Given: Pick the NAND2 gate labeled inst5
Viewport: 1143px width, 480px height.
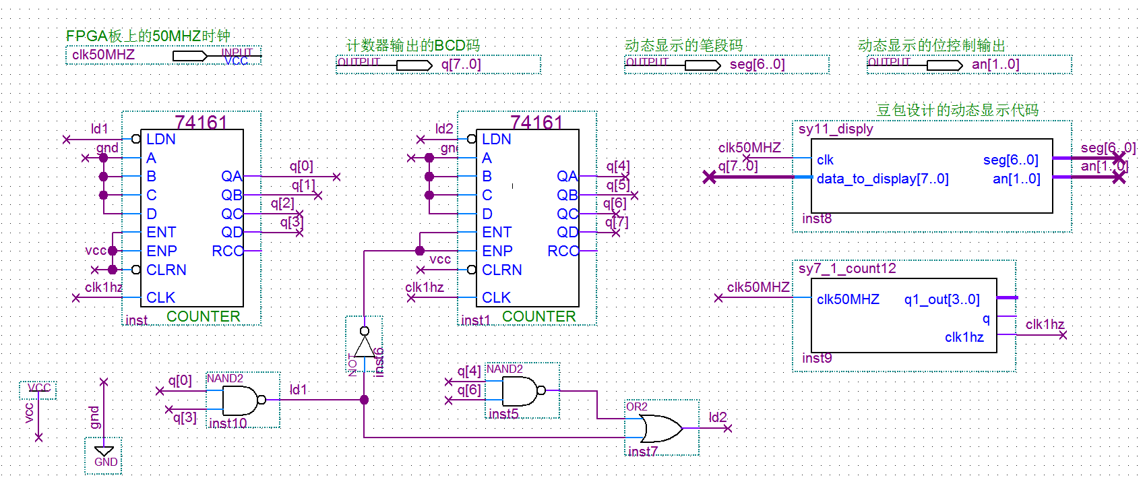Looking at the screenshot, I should pyautogui.click(x=520, y=390).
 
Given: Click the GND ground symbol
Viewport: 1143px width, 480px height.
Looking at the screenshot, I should pyautogui.click(x=104, y=451).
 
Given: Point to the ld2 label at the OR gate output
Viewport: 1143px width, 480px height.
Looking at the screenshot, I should pyautogui.click(x=718, y=417).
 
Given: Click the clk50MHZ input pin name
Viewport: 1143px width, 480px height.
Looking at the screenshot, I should pyautogui.click(x=103, y=55).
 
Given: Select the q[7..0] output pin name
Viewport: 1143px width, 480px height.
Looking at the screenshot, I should pyautogui.click(x=461, y=64).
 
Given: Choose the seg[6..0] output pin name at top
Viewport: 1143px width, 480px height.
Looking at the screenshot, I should pyautogui.click(x=757, y=64).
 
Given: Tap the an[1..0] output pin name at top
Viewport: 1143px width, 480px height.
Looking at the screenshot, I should pyautogui.click(x=995, y=64).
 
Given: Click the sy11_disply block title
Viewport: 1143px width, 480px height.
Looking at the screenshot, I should pyautogui.click(x=836, y=129).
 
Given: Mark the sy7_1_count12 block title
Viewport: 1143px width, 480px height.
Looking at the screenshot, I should pyautogui.click(x=847, y=268).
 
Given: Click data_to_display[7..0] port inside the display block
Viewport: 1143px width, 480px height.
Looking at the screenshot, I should pyautogui.click(x=882, y=179).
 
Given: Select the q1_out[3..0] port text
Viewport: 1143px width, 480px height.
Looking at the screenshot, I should pyautogui.click(x=941, y=299).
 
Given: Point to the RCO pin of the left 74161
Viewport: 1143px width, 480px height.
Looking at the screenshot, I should pyautogui.click(x=226, y=251).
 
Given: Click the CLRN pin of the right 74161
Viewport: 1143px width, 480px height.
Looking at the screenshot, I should pyautogui.click(x=501, y=270).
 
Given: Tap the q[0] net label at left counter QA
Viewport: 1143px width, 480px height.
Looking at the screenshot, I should pyautogui.click(x=301, y=166).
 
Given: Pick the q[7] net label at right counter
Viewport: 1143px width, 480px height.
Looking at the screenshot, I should pyautogui.click(x=616, y=222).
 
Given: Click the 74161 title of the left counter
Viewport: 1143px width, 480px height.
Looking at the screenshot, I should pyautogui.click(x=201, y=122).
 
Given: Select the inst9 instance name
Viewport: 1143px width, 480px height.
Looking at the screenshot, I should pyautogui.click(x=817, y=358).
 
